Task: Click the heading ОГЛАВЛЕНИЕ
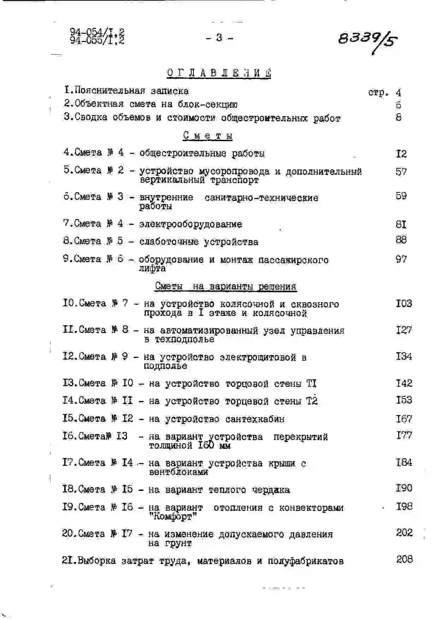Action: (x=219, y=73)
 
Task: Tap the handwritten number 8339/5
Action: (x=366, y=40)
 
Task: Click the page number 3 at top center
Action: (x=219, y=37)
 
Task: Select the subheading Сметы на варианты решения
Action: (x=226, y=286)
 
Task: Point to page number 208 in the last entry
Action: (x=404, y=559)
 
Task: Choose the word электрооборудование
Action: (x=191, y=224)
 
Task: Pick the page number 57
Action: (x=401, y=172)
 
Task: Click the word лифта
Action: (x=152, y=269)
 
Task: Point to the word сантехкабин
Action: (x=255, y=419)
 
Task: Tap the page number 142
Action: (x=404, y=383)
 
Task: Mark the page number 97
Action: (x=401, y=259)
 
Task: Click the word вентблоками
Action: (x=178, y=472)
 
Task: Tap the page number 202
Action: (x=404, y=533)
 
